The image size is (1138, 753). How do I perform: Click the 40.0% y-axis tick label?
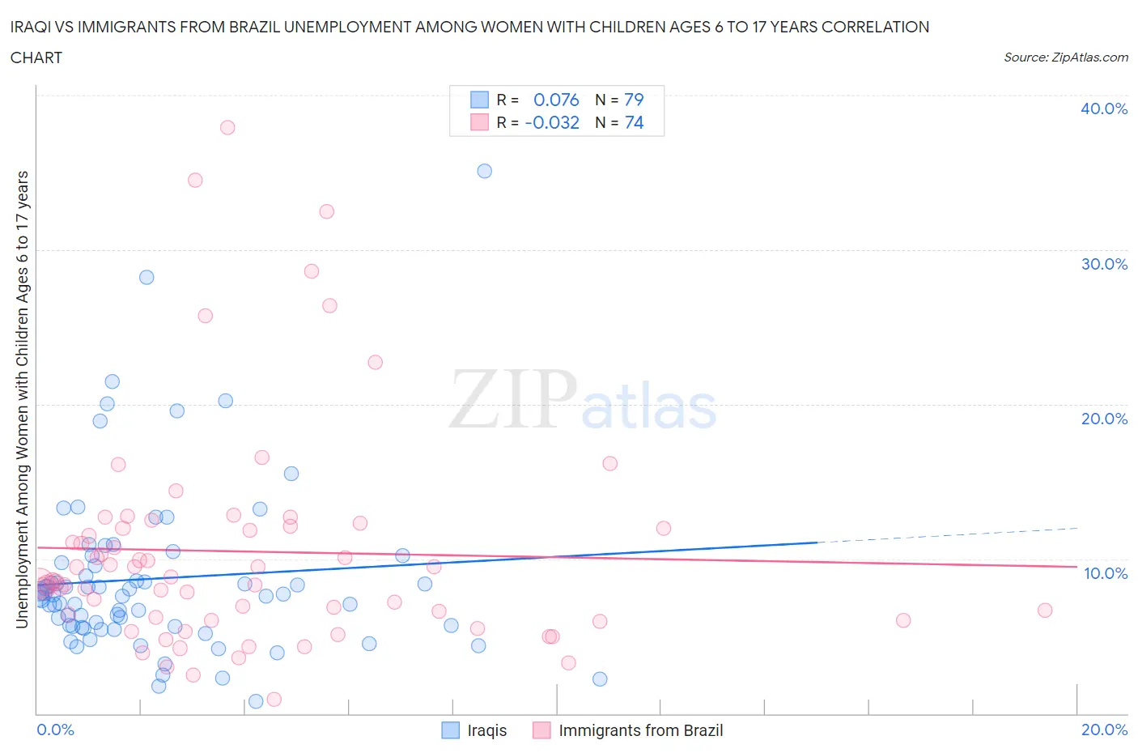pyautogui.click(x=1103, y=108)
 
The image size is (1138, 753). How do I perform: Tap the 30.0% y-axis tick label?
pyautogui.click(x=1103, y=264)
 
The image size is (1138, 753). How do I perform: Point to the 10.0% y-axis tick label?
pyautogui.click(x=1105, y=573)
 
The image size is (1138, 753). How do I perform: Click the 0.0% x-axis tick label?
pyautogui.click(x=55, y=730)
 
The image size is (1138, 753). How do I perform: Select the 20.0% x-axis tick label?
pyautogui.click(x=1104, y=730)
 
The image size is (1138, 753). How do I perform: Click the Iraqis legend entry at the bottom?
pyautogui.click(x=474, y=730)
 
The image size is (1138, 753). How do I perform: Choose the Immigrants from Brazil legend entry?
pyautogui.click(x=628, y=730)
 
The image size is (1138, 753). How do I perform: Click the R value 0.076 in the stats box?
pyautogui.click(x=556, y=100)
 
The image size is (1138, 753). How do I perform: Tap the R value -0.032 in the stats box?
pyautogui.click(x=552, y=122)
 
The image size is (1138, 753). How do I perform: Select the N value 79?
pyautogui.click(x=633, y=100)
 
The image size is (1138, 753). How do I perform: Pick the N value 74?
pyautogui.click(x=633, y=122)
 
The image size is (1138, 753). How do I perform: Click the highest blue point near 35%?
pyautogui.click(x=484, y=171)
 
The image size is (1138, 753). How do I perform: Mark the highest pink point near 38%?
pyautogui.click(x=227, y=127)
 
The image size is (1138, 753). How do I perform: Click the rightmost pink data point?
pyautogui.click(x=1045, y=610)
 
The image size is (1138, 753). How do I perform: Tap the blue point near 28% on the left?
pyautogui.click(x=146, y=277)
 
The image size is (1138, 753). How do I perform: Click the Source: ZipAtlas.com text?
pyautogui.click(x=1065, y=57)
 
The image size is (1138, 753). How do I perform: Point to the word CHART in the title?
pyautogui.click(x=36, y=57)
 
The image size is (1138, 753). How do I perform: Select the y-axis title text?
pyautogui.click(x=23, y=399)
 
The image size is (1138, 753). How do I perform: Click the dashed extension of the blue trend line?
pyautogui.click(x=947, y=534)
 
